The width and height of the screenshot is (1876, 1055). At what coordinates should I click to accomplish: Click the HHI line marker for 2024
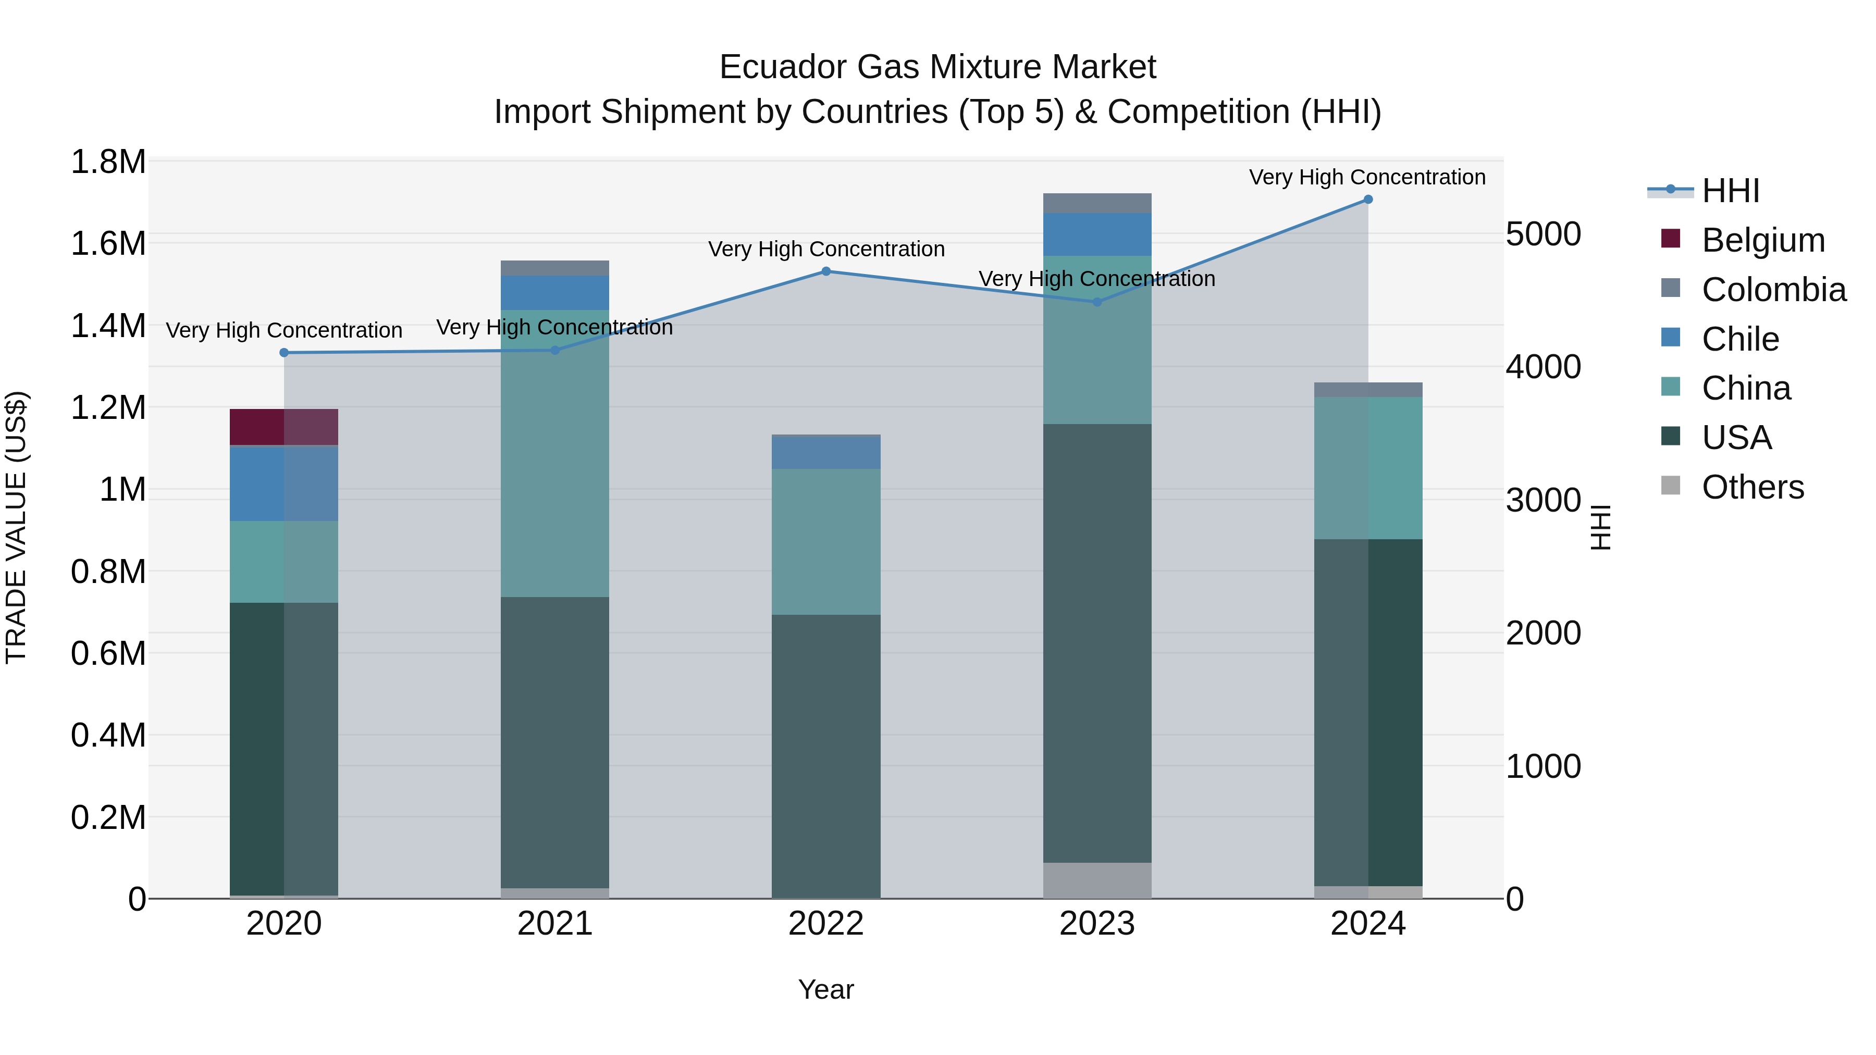[x=1368, y=200]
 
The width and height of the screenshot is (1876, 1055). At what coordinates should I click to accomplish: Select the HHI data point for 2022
[x=826, y=271]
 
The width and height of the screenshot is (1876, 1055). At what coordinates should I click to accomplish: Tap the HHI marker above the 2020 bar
[x=284, y=353]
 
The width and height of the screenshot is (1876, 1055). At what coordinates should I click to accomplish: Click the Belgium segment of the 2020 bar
[x=284, y=427]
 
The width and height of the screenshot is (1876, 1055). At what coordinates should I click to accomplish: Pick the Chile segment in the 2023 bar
[x=1097, y=234]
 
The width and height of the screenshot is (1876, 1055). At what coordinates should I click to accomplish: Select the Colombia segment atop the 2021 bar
[x=555, y=268]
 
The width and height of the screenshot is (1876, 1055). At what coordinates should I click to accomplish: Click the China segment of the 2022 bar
[x=826, y=542]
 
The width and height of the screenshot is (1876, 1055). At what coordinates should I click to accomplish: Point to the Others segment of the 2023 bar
[x=1097, y=880]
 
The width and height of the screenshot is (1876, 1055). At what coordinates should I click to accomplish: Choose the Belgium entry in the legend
[x=1762, y=240]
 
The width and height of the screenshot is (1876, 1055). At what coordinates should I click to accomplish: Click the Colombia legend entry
[x=1773, y=290]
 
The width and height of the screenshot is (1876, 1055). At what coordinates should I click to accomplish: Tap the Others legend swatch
[x=1671, y=486]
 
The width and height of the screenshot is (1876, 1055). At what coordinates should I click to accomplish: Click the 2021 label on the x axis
[x=555, y=924]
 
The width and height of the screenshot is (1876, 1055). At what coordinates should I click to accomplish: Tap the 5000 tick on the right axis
[x=1543, y=234]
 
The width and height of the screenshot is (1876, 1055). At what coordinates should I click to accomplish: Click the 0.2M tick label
[x=108, y=817]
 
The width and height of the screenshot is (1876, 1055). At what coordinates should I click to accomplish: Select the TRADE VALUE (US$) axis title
[x=16, y=527]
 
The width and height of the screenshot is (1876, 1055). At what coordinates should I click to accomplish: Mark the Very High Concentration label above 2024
[x=1367, y=177]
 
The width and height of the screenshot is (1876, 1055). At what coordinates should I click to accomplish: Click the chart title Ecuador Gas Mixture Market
[x=937, y=67]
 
